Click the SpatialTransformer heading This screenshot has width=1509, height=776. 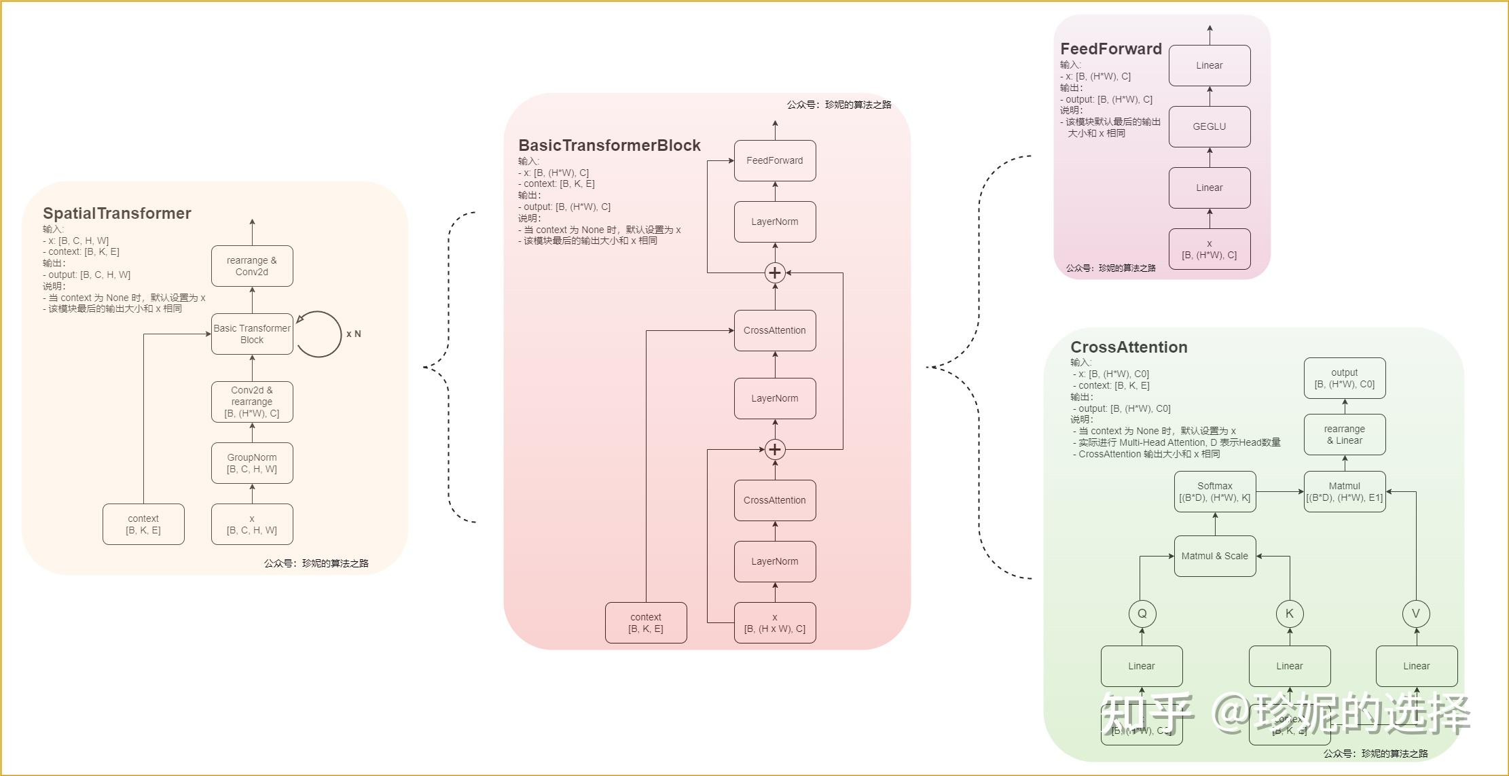tap(117, 213)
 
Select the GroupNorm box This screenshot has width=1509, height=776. tap(252, 463)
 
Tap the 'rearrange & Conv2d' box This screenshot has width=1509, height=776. tap(252, 266)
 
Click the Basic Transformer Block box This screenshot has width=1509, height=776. tap(252, 334)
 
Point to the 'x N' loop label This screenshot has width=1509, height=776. tap(353, 334)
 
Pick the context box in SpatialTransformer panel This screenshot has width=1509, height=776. tap(143, 524)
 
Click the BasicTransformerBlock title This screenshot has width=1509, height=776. tap(609, 145)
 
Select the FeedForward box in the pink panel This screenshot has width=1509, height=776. tap(775, 160)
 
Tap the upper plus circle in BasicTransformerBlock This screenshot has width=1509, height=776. tap(775, 272)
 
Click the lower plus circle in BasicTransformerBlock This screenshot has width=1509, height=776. tap(775, 449)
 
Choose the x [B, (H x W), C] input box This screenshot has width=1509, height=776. tap(775, 622)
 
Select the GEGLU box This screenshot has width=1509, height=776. tap(1210, 126)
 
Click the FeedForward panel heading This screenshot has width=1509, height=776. tap(1111, 49)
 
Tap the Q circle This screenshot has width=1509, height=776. tap(1142, 614)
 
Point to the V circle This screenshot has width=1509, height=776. tap(1416, 614)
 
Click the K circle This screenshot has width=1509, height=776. tap(1290, 614)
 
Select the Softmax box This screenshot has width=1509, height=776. tap(1215, 491)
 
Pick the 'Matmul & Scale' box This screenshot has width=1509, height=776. tap(1215, 556)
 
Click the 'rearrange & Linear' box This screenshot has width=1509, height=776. tap(1345, 434)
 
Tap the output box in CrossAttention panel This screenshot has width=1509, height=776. tap(1345, 378)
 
